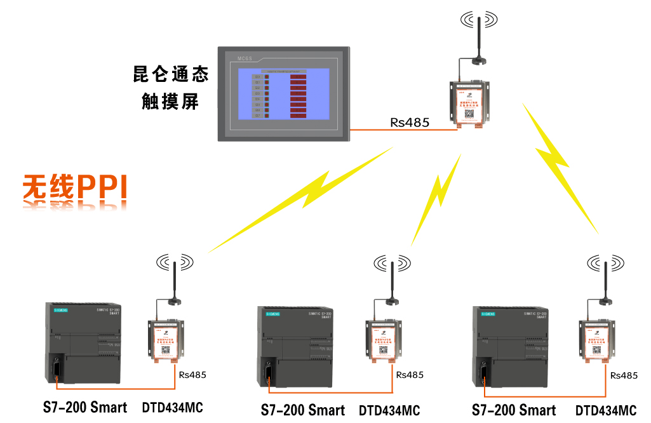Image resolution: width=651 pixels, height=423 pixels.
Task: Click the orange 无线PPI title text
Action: pyautogui.click(x=75, y=188)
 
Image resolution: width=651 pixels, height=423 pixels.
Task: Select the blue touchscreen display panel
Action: pyautogui.click(x=283, y=94)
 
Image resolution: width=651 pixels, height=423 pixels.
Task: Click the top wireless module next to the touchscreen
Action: pyautogui.click(x=469, y=103)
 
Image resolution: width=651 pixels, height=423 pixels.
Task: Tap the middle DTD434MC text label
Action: pyautogui.click(x=389, y=410)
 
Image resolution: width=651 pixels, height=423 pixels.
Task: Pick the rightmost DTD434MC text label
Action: pyautogui.click(x=606, y=410)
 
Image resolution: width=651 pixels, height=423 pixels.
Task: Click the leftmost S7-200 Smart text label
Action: pyautogui.click(x=85, y=407)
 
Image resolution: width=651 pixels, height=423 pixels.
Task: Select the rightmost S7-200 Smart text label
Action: pyautogui.click(x=514, y=410)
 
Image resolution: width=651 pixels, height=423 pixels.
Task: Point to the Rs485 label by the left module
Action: pyautogui.click(x=192, y=374)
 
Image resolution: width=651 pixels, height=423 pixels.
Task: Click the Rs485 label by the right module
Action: pyautogui.click(x=624, y=375)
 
